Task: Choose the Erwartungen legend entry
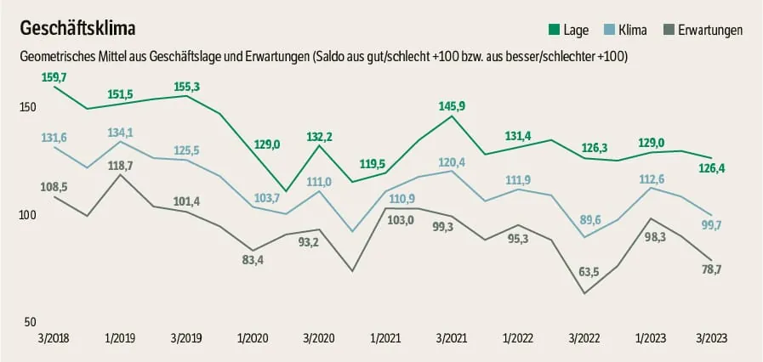point(706,31)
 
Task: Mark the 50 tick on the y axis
point(30,322)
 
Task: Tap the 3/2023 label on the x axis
point(711,337)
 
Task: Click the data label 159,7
point(54,77)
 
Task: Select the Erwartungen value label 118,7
point(123,166)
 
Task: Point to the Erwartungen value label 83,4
point(253,259)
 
